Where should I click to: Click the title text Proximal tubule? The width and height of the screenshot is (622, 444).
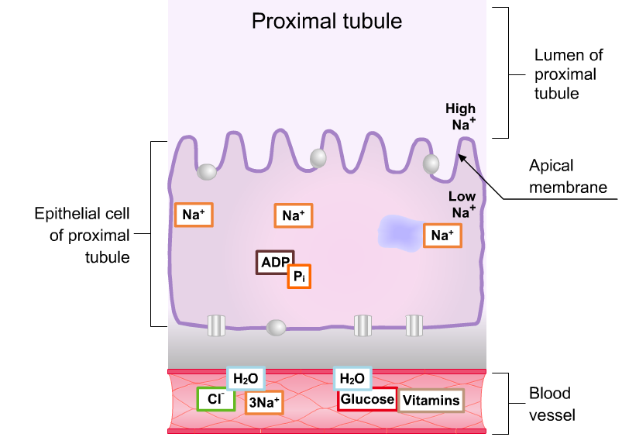327,21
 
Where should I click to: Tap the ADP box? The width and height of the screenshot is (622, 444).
273,262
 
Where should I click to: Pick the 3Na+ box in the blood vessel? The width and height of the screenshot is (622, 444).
264,402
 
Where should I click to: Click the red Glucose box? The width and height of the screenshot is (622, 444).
366,399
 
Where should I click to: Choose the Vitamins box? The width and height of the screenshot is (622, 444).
431,401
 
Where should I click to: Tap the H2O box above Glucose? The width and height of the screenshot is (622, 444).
352,378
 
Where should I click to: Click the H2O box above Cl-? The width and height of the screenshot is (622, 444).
246,378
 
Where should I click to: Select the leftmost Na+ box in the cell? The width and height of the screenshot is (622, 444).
194,215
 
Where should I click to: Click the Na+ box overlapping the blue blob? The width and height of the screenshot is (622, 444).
442,235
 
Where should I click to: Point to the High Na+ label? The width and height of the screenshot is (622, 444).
461,116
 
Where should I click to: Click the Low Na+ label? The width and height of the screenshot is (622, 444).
462,204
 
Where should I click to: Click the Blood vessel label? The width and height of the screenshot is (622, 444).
552,403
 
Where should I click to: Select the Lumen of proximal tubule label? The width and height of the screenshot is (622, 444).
565,74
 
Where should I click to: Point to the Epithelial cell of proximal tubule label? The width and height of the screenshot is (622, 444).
84,234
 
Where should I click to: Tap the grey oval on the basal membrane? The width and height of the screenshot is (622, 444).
276,328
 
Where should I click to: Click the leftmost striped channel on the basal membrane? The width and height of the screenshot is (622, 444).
216,325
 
